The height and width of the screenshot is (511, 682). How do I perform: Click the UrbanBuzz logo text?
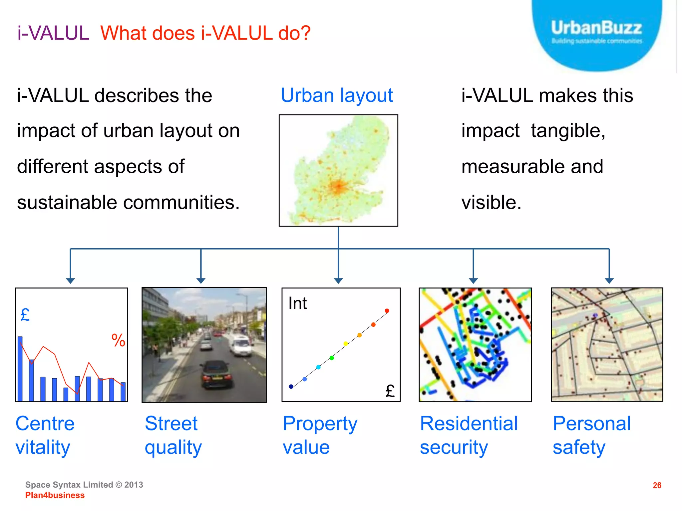click(x=596, y=28)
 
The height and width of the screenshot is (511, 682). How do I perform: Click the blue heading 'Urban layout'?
click(x=337, y=95)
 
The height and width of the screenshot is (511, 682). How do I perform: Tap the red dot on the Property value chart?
click(x=387, y=311)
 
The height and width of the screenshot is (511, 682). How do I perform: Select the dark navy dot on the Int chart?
click(x=291, y=387)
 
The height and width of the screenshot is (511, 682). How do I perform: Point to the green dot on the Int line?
click(x=332, y=358)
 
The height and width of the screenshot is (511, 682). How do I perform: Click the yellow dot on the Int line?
click(x=346, y=344)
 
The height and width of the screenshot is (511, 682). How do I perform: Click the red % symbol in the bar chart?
click(x=118, y=340)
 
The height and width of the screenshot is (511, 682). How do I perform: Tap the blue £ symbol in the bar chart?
click(x=25, y=315)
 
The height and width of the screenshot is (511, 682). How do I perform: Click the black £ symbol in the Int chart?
click(x=390, y=391)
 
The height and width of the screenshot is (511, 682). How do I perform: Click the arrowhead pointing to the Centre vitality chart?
click(x=70, y=280)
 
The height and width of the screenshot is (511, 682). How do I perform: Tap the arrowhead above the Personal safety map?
click(x=609, y=280)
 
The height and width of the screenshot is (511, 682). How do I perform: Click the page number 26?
click(x=657, y=485)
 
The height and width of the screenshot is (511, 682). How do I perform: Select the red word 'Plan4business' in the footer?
click(x=55, y=495)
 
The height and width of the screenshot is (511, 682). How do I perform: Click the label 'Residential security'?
click(x=469, y=435)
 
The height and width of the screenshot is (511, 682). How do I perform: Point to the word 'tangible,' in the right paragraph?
click(x=568, y=130)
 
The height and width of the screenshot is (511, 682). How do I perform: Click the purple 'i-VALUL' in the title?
click(x=53, y=33)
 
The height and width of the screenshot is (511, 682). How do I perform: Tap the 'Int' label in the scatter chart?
click(x=297, y=303)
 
